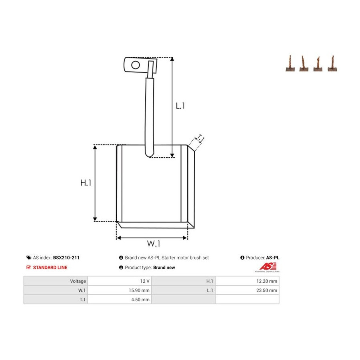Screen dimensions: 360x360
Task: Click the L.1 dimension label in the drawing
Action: coord(180,106)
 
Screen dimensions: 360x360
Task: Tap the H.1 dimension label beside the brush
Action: coord(86,183)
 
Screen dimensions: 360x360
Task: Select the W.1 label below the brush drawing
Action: coord(154,243)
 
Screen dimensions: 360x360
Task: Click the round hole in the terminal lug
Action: coord(136,65)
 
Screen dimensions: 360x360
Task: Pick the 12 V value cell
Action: coord(145,281)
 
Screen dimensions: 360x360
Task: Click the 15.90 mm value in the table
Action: coord(139,290)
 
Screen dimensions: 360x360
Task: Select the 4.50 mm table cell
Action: coord(140,299)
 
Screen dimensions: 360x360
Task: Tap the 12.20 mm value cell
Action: coord(266,281)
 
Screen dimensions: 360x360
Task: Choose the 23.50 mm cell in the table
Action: coord(266,290)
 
